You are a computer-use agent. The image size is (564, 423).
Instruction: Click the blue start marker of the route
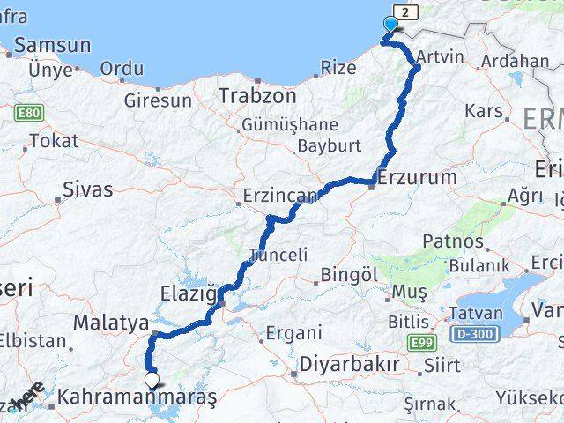pyautogui.click(x=390, y=25)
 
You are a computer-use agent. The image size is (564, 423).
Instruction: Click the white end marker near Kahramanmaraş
pyautogui.click(x=152, y=381)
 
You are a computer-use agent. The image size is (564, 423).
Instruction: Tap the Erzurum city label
pyautogui.click(x=417, y=177)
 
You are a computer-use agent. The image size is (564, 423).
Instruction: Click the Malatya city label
pyautogui.click(x=110, y=323)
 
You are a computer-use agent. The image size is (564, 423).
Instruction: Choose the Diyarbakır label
pyautogui.click(x=350, y=363)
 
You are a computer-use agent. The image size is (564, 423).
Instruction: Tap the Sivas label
pyautogui.click(x=88, y=189)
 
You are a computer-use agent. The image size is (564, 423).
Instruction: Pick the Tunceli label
pyautogui.click(x=278, y=255)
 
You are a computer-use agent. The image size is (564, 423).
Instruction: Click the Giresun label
pyautogui.click(x=158, y=100)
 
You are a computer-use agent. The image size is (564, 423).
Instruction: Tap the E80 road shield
pyautogui.click(x=26, y=113)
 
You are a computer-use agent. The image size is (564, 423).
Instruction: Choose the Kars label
pyautogui.click(x=484, y=111)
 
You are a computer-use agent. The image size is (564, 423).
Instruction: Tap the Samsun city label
pyautogui.click(x=52, y=45)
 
